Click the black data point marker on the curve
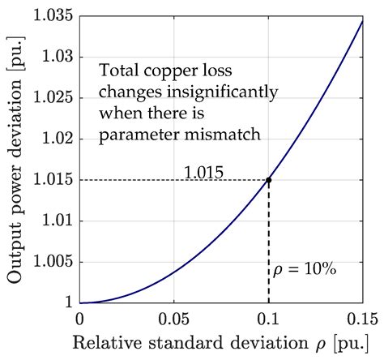[x=268, y=180]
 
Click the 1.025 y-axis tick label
[x=53, y=98]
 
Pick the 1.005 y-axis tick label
[x=53, y=262]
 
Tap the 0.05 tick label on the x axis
[x=173, y=318]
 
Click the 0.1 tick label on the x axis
[x=268, y=318]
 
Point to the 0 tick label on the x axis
[x=79, y=318]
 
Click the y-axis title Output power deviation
[x=15, y=159]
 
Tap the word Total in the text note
[x=117, y=71]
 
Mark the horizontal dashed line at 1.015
[x=162, y=180]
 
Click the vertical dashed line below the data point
[x=268, y=243]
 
